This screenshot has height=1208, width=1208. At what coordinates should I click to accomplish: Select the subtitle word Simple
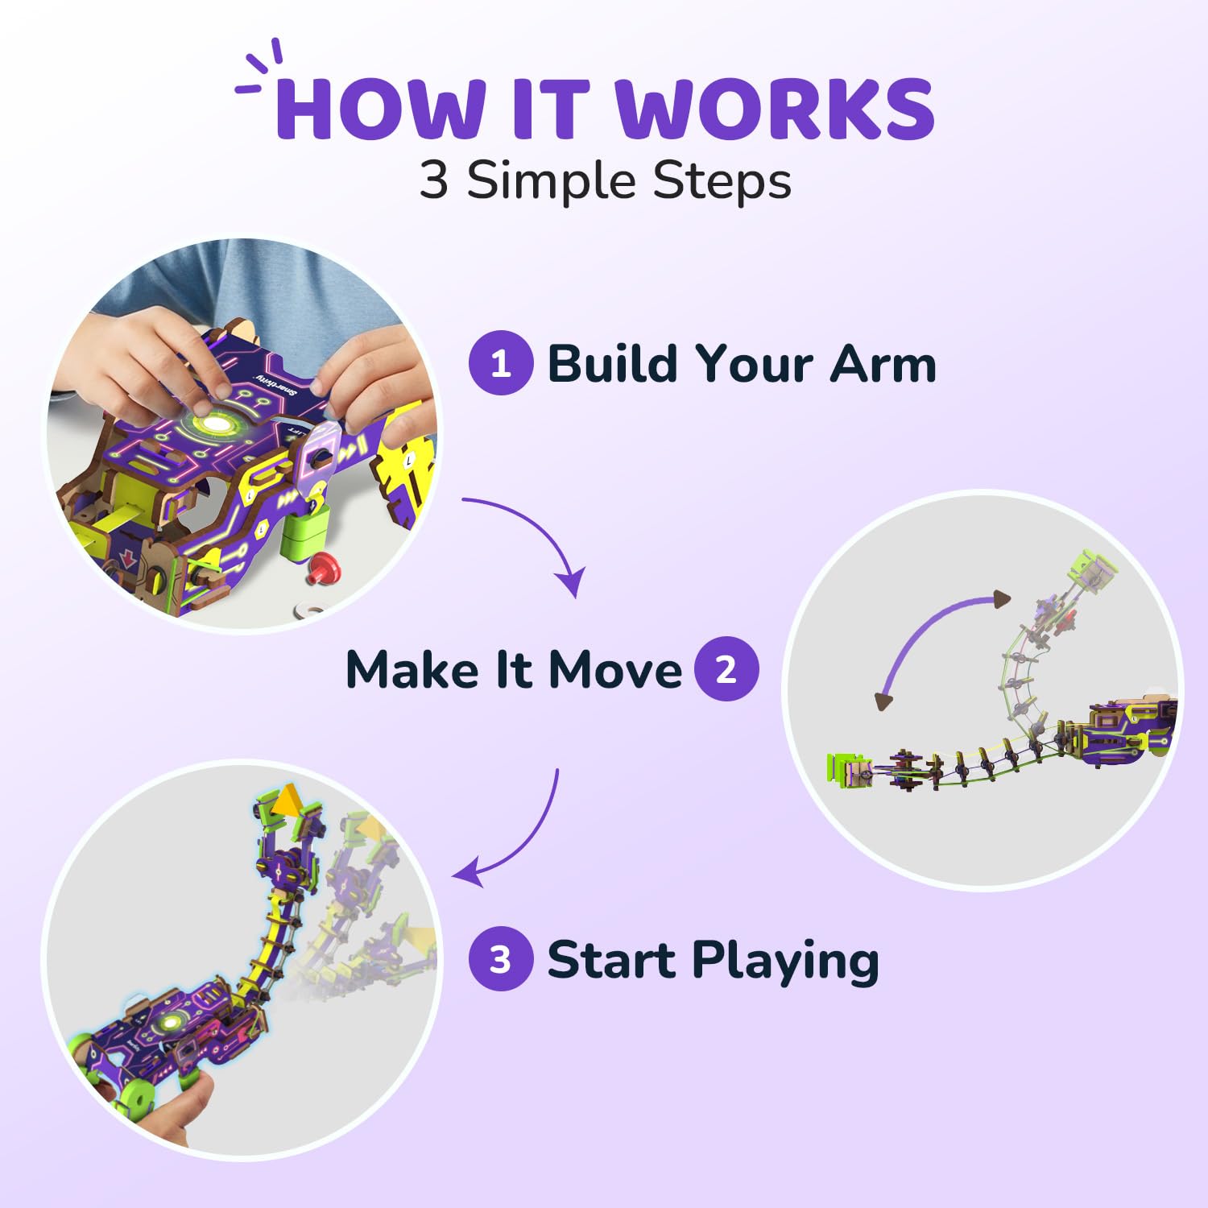point(553,182)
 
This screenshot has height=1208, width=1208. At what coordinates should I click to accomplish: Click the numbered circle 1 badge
point(501,363)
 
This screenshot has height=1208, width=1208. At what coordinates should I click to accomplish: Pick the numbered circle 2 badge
point(726,669)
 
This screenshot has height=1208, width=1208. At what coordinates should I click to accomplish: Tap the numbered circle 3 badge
point(501,958)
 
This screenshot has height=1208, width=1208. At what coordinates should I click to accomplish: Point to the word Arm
point(883,364)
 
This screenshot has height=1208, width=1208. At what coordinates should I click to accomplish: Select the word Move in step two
point(615,670)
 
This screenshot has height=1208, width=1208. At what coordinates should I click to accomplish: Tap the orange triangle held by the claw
point(286,803)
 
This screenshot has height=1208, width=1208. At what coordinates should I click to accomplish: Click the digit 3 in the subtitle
point(433,180)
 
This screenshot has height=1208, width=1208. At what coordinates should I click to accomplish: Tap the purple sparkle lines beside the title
point(259,67)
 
